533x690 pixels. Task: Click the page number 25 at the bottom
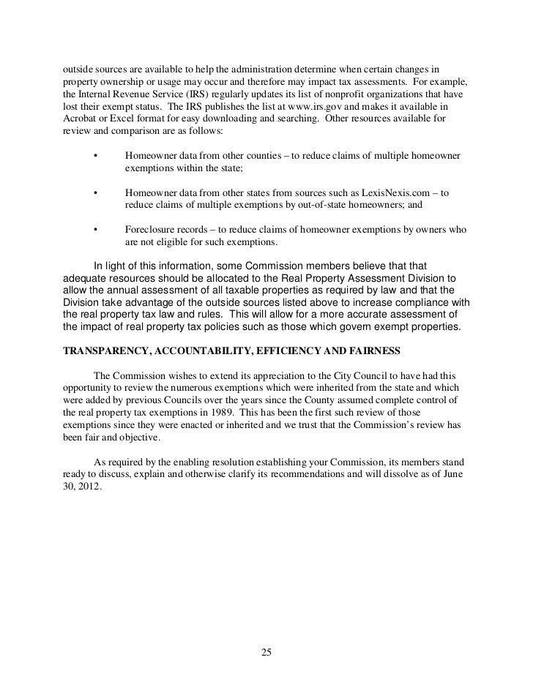[266, 653]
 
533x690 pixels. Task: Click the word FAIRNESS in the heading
[374, 351]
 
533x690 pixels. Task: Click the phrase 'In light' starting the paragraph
[111, 266]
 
